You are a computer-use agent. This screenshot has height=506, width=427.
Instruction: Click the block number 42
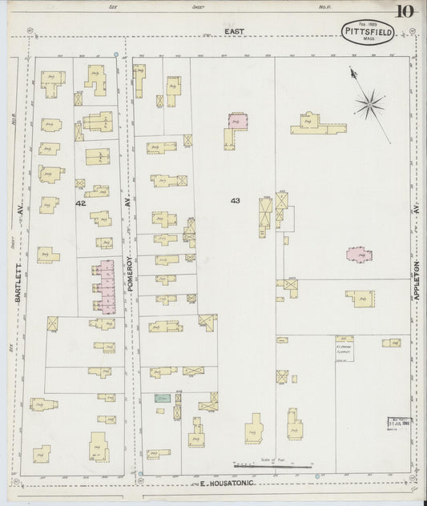click(80, 204)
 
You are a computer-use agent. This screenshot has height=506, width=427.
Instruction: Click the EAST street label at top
click(233, 31)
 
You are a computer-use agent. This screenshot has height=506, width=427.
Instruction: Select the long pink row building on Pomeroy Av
click(103, 287)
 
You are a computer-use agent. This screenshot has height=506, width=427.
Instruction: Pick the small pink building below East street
click(238, 121)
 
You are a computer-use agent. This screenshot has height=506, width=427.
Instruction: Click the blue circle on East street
click(116, 54)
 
